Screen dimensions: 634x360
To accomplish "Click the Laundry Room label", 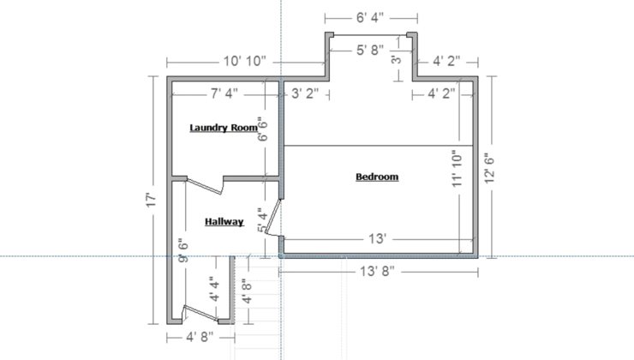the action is [224, 128].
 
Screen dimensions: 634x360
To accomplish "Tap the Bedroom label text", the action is [377, 177].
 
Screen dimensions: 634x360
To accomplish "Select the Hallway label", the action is [224, 222].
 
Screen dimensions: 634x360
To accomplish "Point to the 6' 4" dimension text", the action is [370, 18].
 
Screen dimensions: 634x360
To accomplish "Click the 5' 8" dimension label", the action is [370, 51].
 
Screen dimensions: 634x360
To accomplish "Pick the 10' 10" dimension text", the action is [245, 61].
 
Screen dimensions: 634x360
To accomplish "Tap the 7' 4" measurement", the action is [224, 93].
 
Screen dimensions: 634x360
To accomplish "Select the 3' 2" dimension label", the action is [305, 93].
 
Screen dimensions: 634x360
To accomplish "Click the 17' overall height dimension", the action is [151, 201].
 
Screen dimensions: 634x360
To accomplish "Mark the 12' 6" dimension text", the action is [490, 168].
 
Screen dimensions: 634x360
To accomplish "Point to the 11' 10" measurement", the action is [458, 169].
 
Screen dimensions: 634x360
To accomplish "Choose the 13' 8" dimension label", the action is [377, 271].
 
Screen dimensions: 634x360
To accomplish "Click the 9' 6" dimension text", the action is [183, 250].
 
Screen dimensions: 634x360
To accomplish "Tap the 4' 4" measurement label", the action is [215, 289].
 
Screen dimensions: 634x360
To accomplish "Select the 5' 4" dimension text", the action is [263, 220].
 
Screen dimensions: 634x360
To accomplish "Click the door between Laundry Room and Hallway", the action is [205, 185].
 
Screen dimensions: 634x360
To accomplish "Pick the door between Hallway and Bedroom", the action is [273, 217].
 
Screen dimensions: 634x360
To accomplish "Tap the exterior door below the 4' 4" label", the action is [200, 314].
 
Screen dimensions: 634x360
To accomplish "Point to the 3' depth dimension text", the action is [397, 59].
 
